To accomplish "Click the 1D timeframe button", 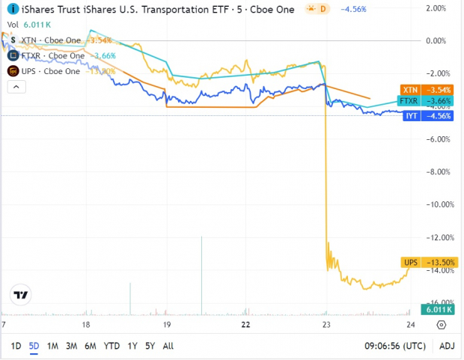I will [16, 346].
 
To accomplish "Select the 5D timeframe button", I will [34, 346].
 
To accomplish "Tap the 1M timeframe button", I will [52, 346].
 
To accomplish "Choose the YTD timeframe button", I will [112, 346].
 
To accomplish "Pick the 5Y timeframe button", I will [150, 346].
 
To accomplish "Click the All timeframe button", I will [168, 346].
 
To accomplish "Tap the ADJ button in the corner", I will [446, 346].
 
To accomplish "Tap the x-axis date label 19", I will [167, 325].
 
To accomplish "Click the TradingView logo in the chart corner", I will [22, 295].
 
